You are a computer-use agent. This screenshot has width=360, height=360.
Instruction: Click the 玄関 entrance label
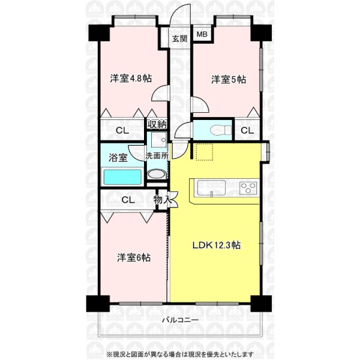coord(180,38)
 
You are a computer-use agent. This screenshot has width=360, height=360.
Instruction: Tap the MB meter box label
coord(202,34)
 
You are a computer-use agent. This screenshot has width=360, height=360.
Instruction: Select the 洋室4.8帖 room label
coord(131,79)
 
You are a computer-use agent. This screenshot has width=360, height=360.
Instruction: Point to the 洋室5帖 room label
coord(229,79)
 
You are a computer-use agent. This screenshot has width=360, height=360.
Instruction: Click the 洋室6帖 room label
coord(134,257)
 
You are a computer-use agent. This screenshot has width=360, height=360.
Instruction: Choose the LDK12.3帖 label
coord(216,245)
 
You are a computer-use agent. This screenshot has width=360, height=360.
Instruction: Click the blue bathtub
coord(122,176)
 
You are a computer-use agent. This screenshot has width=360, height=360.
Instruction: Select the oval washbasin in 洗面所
coord(157,175)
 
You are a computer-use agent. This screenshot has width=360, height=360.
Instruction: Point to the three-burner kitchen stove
coord(248,188)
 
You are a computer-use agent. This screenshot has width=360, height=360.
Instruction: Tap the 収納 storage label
coord(157,124)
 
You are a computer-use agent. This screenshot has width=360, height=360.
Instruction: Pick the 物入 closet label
coord(163,200)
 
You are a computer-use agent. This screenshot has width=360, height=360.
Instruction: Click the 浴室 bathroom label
coord(118,158)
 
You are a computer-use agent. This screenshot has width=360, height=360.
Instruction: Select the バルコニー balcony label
coord(180,320)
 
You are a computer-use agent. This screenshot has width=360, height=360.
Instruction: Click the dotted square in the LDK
coord(205,152)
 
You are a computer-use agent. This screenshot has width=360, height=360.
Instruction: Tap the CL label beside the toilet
coord(247,130)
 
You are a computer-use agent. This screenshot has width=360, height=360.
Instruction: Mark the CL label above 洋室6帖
coord(128,200)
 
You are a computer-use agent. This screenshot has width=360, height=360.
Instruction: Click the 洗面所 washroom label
coord(157,156)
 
